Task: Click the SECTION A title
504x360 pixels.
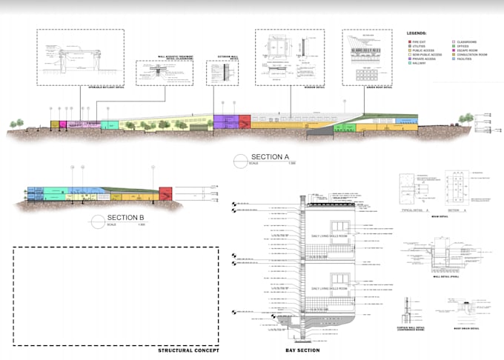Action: coord(268,157)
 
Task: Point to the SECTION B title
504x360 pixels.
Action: coord(125,217)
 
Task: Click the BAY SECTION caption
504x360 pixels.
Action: coord(303,350)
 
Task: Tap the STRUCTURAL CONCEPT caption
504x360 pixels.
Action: coord(189,350)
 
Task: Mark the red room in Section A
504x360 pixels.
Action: coord(245,123)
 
